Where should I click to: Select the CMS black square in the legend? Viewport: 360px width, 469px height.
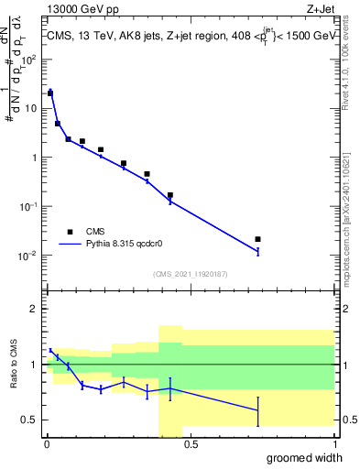click(69, 232)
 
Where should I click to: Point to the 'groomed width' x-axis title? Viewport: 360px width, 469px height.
click(301, 457)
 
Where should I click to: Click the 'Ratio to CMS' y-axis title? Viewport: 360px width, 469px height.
click(13, 365)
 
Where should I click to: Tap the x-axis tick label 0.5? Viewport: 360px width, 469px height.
click(191, 445)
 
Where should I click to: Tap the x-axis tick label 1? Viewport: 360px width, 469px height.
click(333, 445)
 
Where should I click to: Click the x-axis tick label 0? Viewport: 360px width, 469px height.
click(47, 445)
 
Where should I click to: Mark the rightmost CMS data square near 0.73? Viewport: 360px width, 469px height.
click(257, 239)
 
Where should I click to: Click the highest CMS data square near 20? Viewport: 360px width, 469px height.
click(50, 93)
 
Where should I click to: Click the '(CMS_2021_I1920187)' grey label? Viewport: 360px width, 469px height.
click(190, 274)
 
